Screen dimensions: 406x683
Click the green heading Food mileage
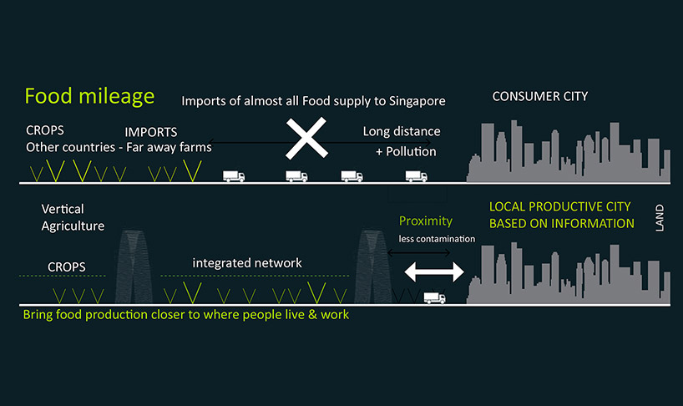[89, 96]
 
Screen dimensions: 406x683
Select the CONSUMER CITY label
[539, 96]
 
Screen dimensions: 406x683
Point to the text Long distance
[402, 131]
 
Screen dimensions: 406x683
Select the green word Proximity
[425, 221]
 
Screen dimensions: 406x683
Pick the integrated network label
[247, 263]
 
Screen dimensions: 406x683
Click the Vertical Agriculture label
[73, 217]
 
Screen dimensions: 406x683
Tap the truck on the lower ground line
[434, 297]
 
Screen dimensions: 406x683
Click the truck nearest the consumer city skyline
[415, 176]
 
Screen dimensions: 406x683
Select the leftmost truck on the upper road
[233, 176]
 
